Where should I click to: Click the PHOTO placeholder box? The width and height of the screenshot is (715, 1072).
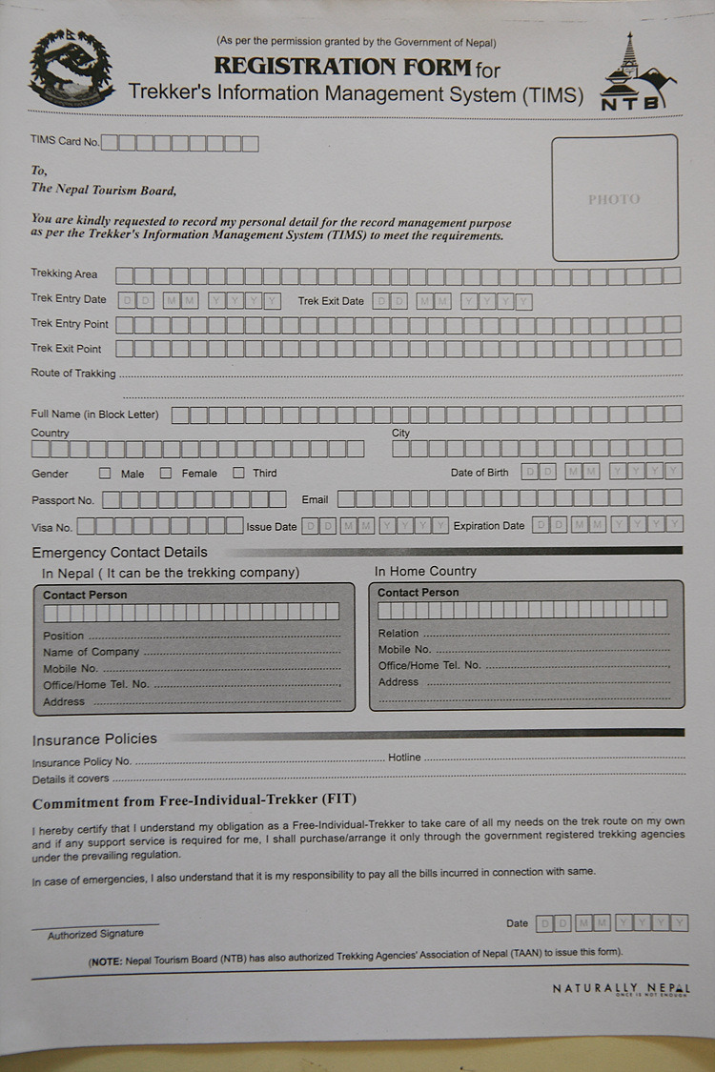[x=615, y=198]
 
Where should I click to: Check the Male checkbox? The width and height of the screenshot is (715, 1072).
[x=105, y=473]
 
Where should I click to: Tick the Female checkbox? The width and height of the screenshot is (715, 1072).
[x=166, y=473]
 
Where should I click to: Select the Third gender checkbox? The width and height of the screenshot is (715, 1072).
[x=239, y=473]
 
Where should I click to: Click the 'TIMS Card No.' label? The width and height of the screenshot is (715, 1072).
[x=65, y=141]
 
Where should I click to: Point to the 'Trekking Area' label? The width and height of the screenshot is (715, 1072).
[x=64, y=274]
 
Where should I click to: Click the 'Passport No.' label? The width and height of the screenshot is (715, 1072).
[x=63, y=500]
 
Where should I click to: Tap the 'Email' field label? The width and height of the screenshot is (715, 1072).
[x=315, y=499]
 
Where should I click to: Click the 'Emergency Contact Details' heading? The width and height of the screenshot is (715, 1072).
[x=119, y=553]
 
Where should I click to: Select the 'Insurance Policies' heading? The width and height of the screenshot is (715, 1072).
[x=94, y=738]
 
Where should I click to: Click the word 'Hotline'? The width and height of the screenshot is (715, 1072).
[x=404, y=758]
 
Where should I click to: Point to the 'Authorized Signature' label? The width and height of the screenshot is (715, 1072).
[x=95, y=934]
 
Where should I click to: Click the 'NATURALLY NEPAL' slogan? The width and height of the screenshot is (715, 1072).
[x=622, y=989]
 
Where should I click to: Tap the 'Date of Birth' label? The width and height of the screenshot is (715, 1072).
[x=480, y=473]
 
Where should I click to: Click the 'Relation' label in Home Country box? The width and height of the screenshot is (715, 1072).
[x=398, y=633]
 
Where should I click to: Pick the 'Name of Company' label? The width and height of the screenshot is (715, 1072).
[x=91, y=652]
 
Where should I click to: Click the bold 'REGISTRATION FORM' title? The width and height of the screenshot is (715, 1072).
[x=343, y=67]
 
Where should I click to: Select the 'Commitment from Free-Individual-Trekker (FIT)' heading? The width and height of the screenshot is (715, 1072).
[x=194, y=801]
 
